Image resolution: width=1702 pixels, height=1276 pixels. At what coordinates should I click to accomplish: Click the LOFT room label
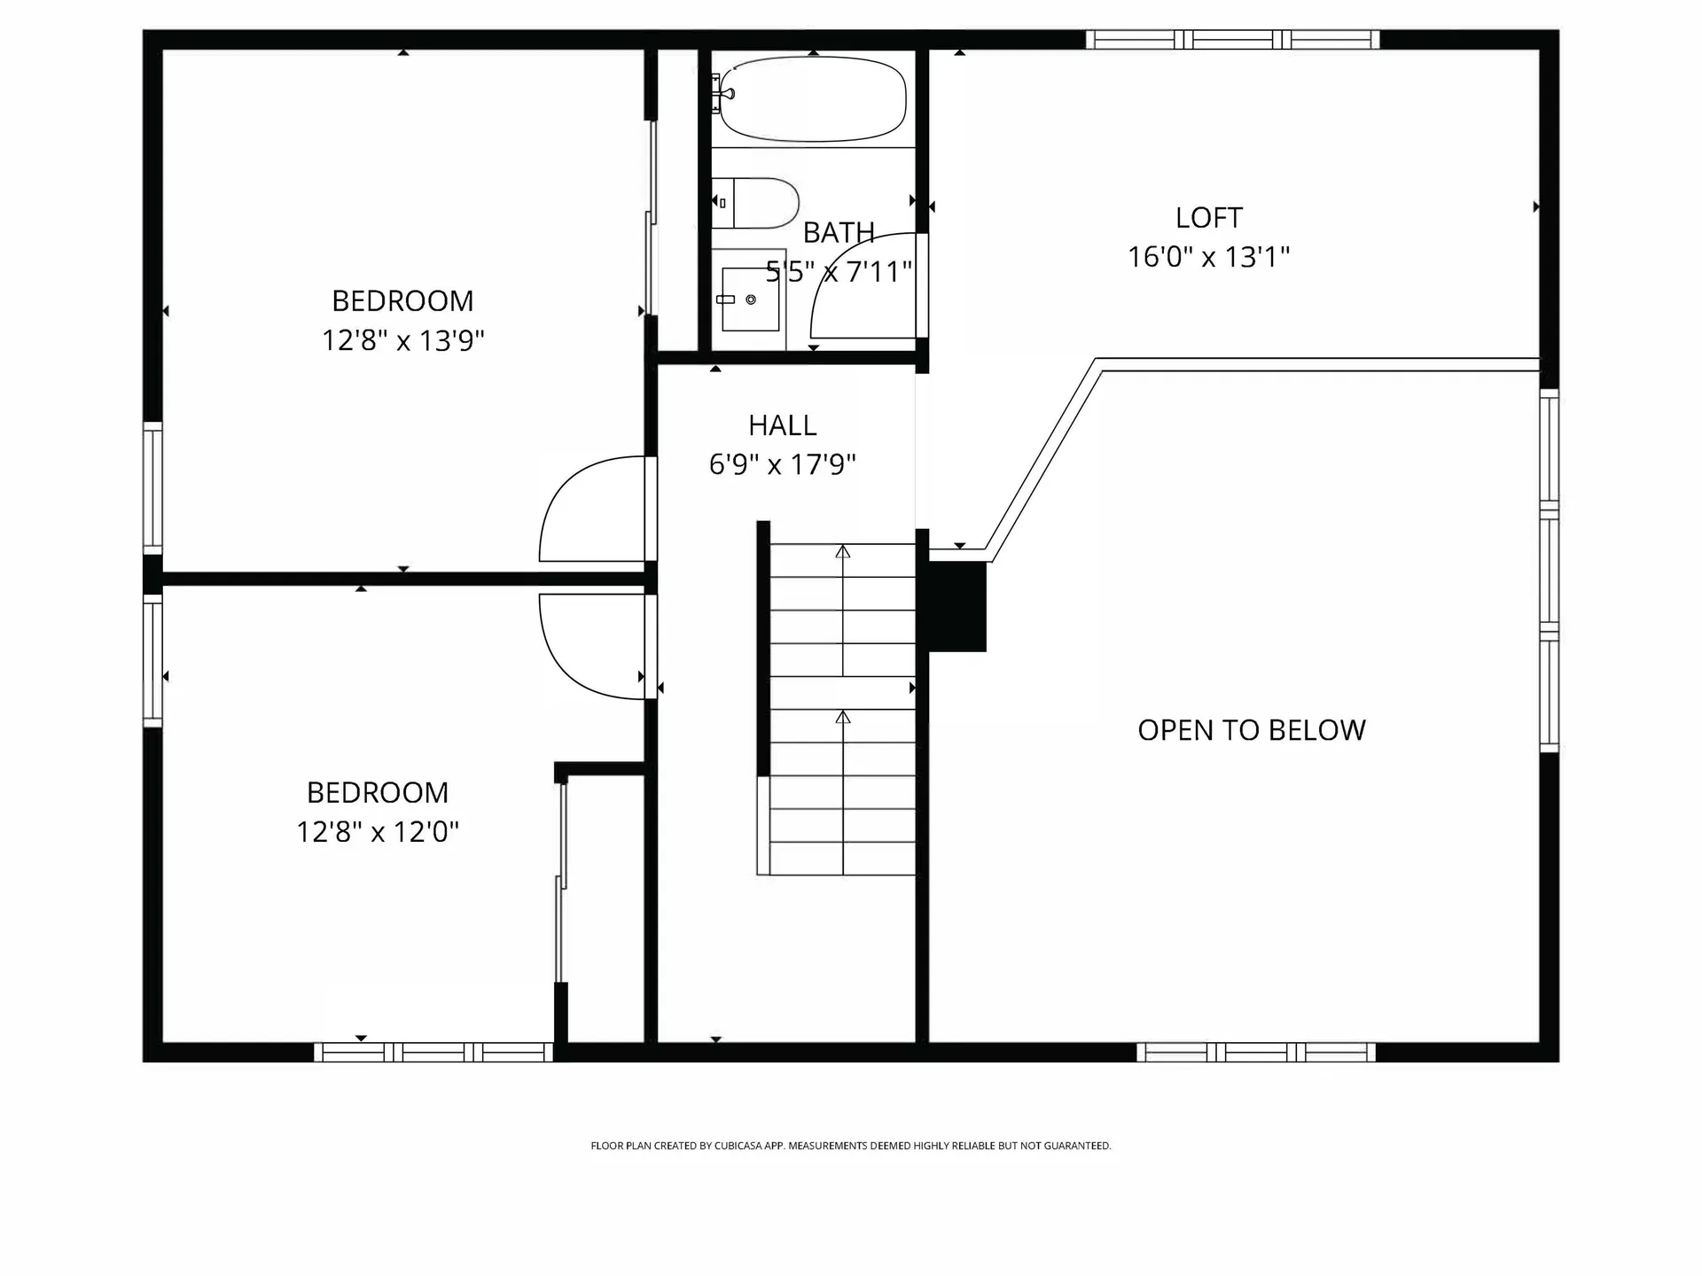(x=1208, y=218)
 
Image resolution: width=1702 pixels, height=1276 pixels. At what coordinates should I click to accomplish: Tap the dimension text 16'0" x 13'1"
(x=1208, y=257)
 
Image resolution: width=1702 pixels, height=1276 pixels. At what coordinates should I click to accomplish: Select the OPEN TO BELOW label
(x=1251, y=730)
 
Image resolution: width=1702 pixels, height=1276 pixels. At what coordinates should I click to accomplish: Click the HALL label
(x=782, y=425)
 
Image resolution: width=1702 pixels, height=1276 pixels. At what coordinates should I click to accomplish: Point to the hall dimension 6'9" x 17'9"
(x=782, y=464)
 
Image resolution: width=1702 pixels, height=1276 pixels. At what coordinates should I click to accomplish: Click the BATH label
(x=839, y=233)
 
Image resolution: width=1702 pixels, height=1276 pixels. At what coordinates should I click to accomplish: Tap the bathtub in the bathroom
(x=812, y=98)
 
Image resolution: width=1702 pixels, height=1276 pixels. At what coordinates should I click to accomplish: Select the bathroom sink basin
(x=749, y=300)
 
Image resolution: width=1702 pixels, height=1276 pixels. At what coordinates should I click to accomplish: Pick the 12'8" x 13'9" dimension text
(x=402, y=340)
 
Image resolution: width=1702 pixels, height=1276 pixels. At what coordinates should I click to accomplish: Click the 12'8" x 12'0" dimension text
(x=378, y=832)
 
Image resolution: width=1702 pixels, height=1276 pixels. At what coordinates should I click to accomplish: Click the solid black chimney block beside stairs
(x=956, y=607)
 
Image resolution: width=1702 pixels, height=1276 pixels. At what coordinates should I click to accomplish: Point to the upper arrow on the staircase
(x=843, y=552)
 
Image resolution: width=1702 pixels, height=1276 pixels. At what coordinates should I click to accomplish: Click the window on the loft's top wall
(x=1232, y=40)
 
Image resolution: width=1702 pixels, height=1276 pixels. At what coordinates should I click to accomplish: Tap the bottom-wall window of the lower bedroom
(x=433, y=1052)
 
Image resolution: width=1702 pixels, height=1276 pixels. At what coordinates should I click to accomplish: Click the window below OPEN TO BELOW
(x=1255, y=1052)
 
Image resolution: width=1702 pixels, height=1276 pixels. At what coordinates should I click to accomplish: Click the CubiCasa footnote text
(x=850, y=1146)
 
